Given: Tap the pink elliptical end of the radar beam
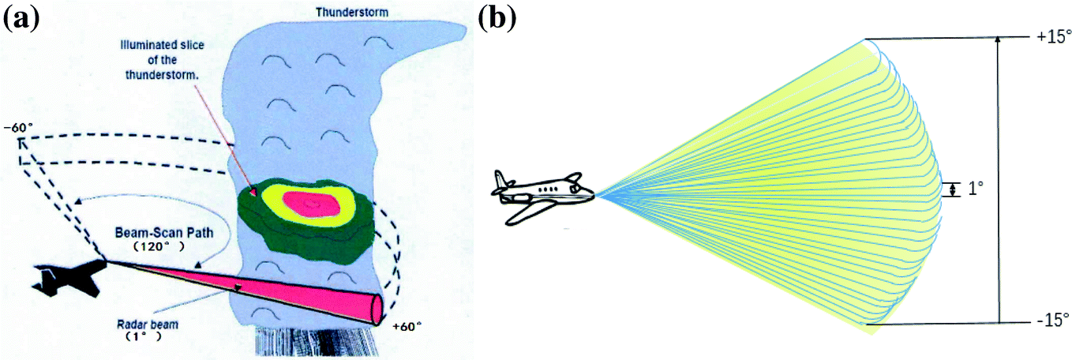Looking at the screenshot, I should (x=377, y=309).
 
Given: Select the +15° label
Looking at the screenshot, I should (x=1048, y=37).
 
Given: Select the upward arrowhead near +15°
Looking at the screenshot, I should (x=999, y=42).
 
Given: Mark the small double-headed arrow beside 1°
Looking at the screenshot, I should (x=953, y=189).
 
